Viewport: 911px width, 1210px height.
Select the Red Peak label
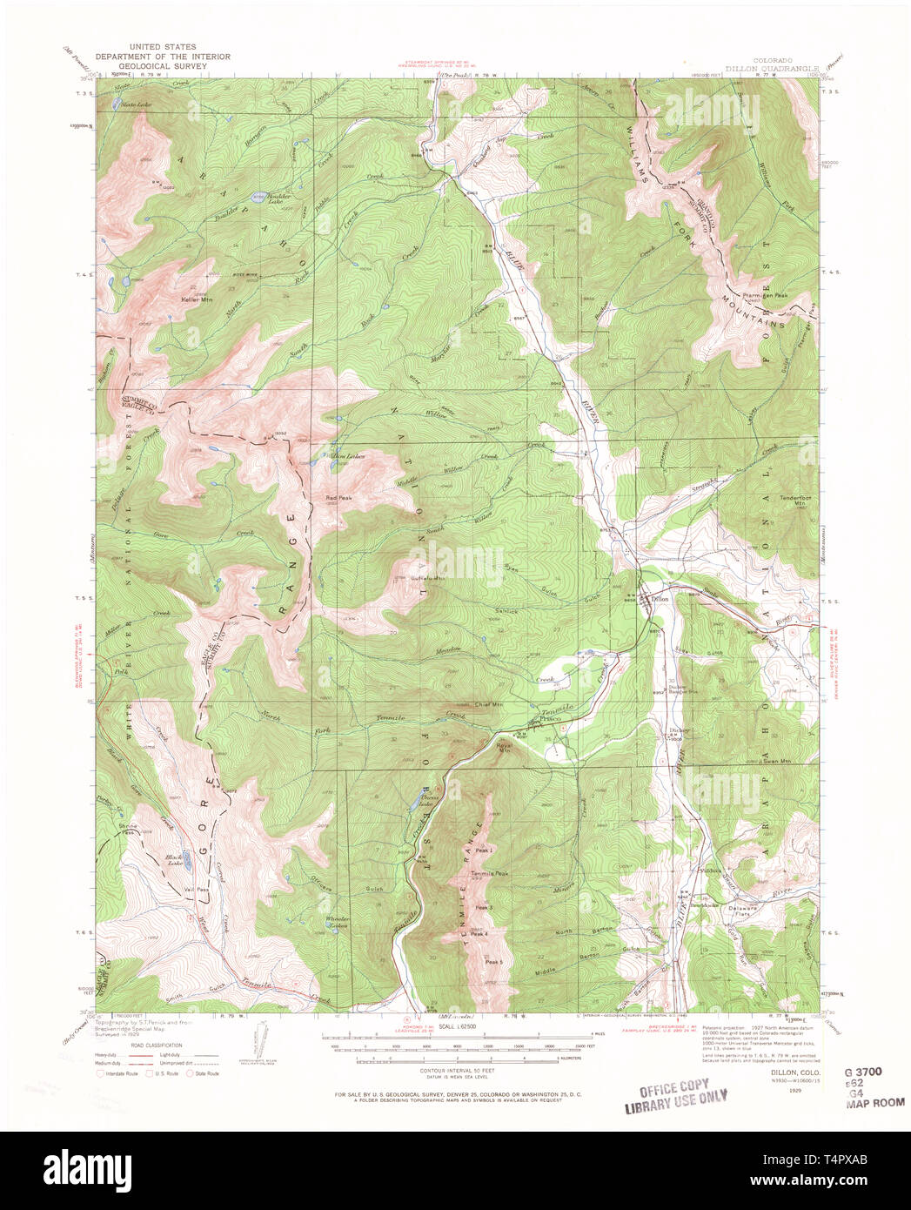338,498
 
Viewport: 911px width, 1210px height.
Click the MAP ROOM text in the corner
874,1102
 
